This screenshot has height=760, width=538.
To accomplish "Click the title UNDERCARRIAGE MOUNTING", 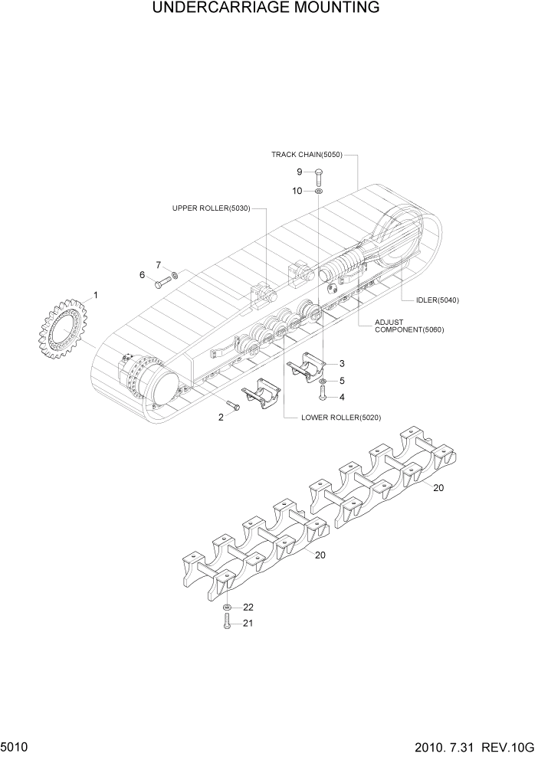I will (266, 9).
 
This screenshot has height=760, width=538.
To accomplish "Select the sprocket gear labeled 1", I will (61, 332).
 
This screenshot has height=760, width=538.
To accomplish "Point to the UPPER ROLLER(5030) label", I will (211, 208).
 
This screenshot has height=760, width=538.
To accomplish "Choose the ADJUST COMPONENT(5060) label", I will (408, 326).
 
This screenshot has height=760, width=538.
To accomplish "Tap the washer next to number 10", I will (318, 191).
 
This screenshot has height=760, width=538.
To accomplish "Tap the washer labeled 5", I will (323, 381).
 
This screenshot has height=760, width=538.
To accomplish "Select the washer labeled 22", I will (228, 608).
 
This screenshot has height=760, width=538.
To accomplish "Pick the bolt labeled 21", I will (228, 623).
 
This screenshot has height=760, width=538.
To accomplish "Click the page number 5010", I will (15, 745).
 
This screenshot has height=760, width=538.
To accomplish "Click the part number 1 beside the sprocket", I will (95, 294).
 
